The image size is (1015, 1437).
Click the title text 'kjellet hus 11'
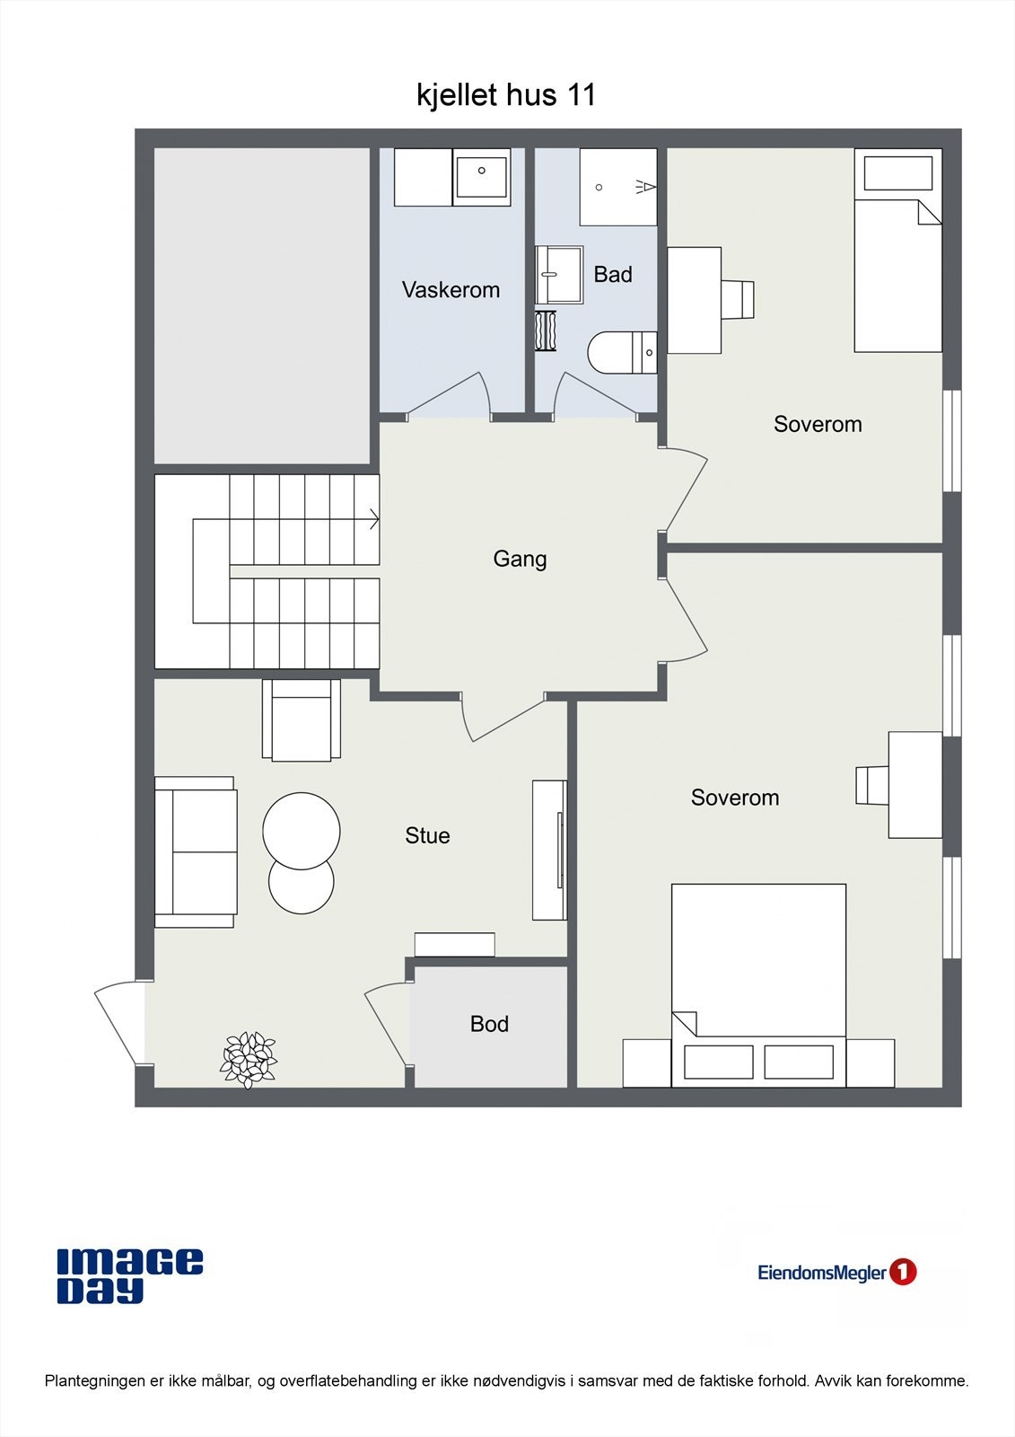(506, 94)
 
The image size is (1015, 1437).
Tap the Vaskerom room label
(451, 290)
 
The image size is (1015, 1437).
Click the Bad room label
(613, 275)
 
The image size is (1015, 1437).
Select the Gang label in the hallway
(520, 559)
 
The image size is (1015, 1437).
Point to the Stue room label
(427, 835)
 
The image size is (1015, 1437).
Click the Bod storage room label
(489, 1024)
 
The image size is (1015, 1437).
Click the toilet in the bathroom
(622, 352)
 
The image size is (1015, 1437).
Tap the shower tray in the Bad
(617, 187)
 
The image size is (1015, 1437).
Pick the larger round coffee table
(302, 830)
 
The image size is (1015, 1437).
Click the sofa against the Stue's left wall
(196, 851)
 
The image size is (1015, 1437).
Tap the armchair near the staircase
(302, 720)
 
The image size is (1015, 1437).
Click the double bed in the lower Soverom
(758, 983)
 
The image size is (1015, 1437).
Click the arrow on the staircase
(373, 519)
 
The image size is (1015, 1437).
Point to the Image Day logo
(130, 1275)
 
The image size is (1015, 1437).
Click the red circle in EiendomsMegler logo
(903, 1272)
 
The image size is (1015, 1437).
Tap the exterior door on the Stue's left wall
(119, 1024)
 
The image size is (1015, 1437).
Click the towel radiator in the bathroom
(546, 331)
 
